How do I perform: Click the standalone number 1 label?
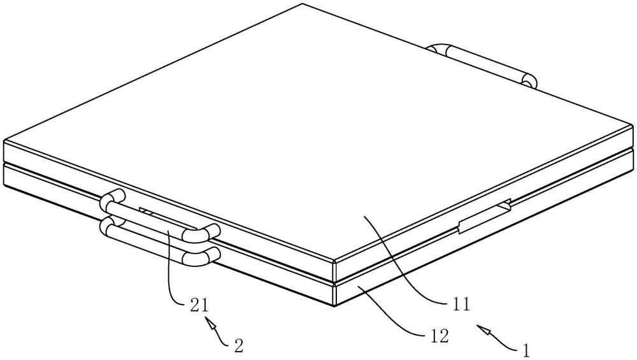pos(526,350)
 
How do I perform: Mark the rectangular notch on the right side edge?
pos(484,216)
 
